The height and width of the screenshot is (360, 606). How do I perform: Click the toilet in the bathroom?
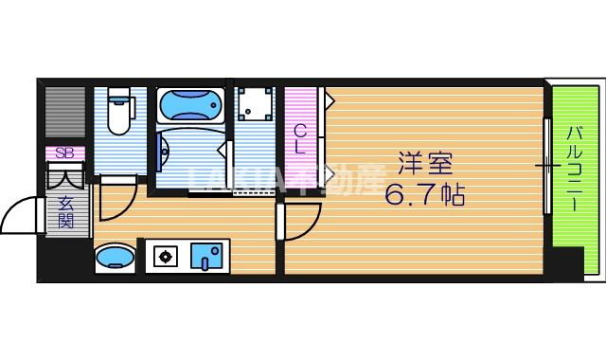(x=118, y=113)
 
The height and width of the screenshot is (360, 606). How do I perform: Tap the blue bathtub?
(x=190, y=105)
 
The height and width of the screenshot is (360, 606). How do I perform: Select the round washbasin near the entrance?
(x=115, y=257)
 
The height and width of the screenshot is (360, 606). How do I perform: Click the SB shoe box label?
(x=64, y=153)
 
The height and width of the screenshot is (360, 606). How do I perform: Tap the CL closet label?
(x=299, y=139)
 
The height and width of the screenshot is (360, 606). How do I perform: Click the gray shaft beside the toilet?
(x=65, y=113)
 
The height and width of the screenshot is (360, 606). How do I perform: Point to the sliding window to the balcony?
(x=546, y=167)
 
